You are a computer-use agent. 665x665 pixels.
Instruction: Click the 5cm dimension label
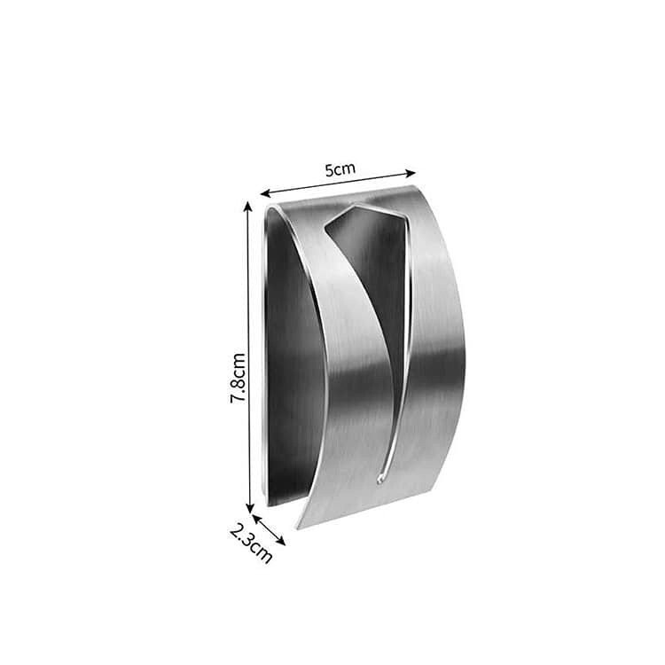pos(340,169)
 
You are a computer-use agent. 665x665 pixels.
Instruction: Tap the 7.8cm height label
pos(238,378)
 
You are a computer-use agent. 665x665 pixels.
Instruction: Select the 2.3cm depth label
pos(251,544)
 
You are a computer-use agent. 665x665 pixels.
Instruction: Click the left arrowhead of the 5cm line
pos(265,194)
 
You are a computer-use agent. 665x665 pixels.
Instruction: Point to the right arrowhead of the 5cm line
pos(411,173)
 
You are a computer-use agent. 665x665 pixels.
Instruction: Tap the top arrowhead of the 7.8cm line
pos(248,207)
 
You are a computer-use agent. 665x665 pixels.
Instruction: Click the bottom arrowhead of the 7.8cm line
pos(250,508)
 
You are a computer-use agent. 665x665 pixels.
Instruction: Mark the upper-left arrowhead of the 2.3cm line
pos(256,519)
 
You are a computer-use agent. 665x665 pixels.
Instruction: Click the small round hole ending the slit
pos(380,480)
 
